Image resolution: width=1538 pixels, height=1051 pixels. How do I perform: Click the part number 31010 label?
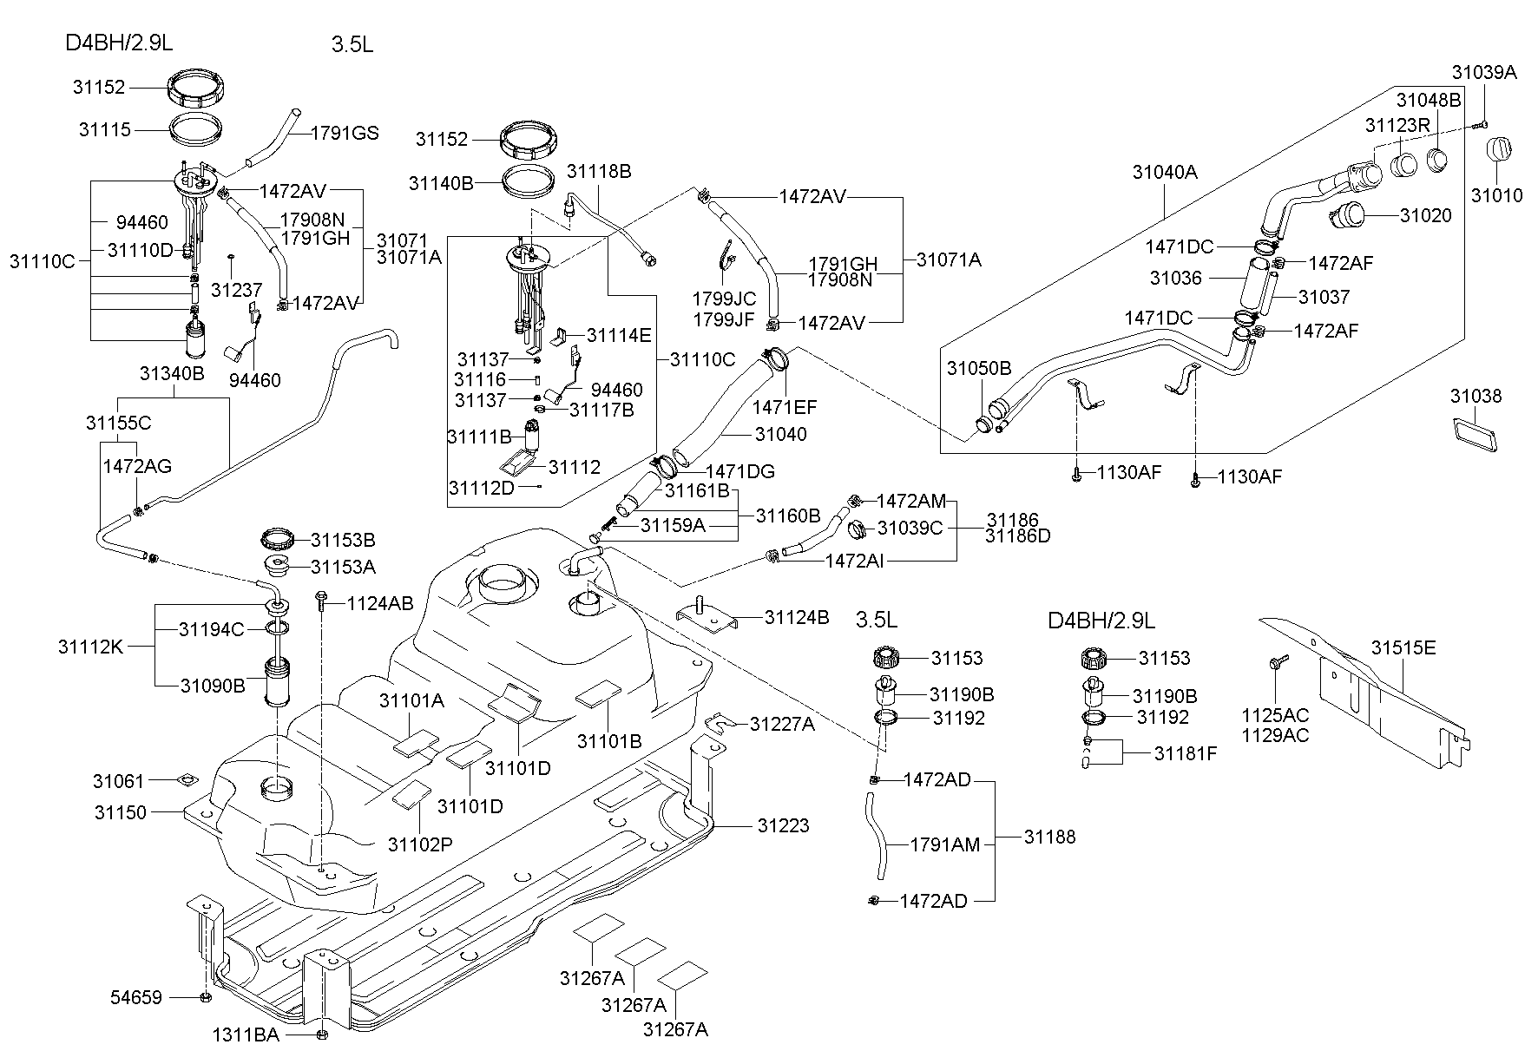(1496, 196)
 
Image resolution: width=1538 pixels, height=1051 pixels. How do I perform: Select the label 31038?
(1476, 397)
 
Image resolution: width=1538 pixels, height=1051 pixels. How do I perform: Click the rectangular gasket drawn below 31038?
(1475, 435)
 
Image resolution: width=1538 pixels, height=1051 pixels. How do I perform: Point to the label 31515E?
(1403, 647)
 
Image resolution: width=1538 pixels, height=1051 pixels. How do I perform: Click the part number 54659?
(136, 997)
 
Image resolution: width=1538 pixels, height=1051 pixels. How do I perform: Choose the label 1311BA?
(246, 1035)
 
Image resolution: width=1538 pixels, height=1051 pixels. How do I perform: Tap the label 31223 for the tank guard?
(783, 825)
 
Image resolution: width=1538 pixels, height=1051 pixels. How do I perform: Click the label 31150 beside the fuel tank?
(121, 812)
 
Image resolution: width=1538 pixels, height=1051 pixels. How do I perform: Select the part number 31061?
(119, 781)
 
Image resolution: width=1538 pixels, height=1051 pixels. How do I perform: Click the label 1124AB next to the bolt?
(380, 602)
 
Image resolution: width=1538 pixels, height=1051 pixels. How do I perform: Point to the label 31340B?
(172, 373)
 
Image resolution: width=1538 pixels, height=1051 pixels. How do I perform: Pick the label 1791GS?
(345, 133)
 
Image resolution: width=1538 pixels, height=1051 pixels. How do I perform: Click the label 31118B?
(599, 171)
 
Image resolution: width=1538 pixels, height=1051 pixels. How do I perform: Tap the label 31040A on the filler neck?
(1164, 172)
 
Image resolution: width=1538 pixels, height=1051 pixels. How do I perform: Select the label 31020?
(1425, 214)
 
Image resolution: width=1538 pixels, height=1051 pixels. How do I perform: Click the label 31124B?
(796, 617)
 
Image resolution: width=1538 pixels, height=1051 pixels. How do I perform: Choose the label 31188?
(1049, 837)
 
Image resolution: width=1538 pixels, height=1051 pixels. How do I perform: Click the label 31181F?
(1185, 753)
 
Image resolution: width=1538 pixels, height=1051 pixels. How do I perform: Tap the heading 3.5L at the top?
(352, 44)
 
